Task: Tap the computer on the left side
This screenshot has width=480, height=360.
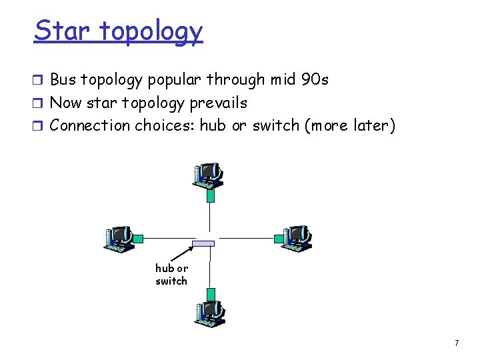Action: tap(119, 239)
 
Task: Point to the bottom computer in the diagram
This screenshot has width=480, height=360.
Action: tap(211, 313)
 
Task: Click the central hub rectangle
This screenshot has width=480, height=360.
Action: tap(203, 243)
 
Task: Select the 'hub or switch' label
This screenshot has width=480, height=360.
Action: tap(171, 275)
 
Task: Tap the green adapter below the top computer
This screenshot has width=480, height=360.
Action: tap(211, 195)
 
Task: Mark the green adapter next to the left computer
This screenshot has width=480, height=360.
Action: tap(138, 238)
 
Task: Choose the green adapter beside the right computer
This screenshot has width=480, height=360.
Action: tap(278, 237)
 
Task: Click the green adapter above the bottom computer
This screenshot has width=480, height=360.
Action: tap(211, 294)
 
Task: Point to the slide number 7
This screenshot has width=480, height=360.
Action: tap(456, 343)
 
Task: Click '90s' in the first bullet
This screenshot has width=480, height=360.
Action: tap(315, 80)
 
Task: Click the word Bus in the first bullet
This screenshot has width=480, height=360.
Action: tap(63, 80)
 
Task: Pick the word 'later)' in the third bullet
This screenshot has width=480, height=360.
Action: tap(373, 125)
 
